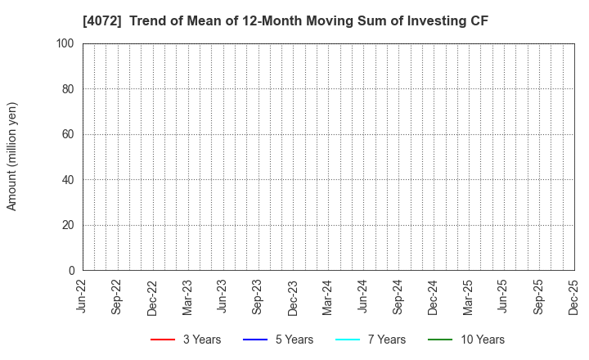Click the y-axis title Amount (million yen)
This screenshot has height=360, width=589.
point(12,156)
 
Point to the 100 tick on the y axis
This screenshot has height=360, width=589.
point(65,43)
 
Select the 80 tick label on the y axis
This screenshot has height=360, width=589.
point(68,89)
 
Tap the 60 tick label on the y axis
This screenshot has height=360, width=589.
point(68,134)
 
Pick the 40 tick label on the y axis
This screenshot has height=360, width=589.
point(68,180)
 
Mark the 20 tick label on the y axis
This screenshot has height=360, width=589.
point(68,225)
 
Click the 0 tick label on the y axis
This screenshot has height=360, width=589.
point(71,271)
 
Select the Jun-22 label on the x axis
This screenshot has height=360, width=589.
point(83,297)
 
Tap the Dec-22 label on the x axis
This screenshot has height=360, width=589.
point(153,297)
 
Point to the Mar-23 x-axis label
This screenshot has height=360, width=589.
point(188,297)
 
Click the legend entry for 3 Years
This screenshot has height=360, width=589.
point(186,340)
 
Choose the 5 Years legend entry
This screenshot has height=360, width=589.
point(278,340)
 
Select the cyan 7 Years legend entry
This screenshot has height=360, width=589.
point(371,340)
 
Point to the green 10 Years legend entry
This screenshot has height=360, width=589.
point(466,340)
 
